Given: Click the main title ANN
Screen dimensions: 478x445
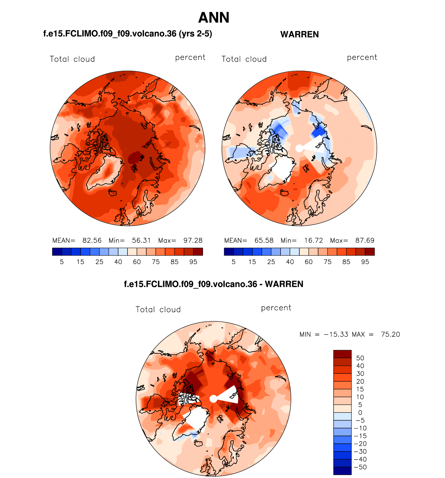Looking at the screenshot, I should click(x=214, y=18).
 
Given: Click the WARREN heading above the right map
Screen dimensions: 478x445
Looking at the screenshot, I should click(x=300, y=34).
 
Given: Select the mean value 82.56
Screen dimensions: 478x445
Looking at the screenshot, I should click(x=92, y=240).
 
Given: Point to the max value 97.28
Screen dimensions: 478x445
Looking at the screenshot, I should click(x=193, y=240).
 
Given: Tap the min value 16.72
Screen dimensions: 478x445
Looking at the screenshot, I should click(x=314, y=240).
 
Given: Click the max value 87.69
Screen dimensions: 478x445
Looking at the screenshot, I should click(x=365, y=240).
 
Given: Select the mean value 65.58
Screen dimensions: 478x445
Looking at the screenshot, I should click(x=264, y=240).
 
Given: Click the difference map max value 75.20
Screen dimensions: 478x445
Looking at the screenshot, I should click(x=390, y=334).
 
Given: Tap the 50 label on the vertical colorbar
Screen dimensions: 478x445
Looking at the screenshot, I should click(x=360, y=358).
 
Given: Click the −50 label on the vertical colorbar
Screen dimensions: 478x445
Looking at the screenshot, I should click(x=360, y=467).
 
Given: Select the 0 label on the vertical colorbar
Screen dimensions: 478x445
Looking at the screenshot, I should click(x=360, y=412).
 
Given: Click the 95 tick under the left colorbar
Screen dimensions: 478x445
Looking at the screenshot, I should click(x=193, y=262).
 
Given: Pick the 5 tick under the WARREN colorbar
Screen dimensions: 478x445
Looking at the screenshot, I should click(x=233, y=262).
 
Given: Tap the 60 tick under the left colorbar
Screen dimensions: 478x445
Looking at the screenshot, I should click(x=137, y=262).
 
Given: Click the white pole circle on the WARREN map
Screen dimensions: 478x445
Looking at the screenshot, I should click(x=299, y=148).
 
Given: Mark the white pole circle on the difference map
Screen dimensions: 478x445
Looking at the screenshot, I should click(x=213, y=399).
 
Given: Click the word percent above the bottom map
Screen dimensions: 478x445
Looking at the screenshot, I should click(x=276, y=308).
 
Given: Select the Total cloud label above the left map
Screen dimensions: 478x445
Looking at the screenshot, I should click(x=72, y=59).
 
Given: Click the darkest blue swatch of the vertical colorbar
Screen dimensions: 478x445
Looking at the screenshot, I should click(x=342, y=471).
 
